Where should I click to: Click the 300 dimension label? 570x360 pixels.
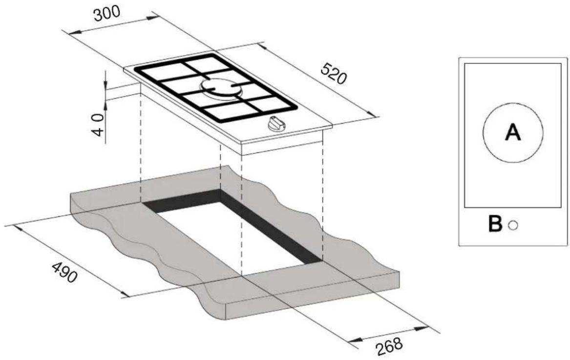[x=106, y=14]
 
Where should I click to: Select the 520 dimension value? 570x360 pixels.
[x=334, y=73]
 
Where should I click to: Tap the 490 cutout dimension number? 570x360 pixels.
[x=64, y=272]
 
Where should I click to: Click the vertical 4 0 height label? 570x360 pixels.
[x=98, y=124]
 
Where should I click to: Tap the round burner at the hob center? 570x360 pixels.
[x=221, y=87]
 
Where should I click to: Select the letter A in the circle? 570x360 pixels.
[x=513, y=132]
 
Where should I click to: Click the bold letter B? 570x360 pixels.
[x=495, y=224]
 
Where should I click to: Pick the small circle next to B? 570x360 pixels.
[x=513, y=226]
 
